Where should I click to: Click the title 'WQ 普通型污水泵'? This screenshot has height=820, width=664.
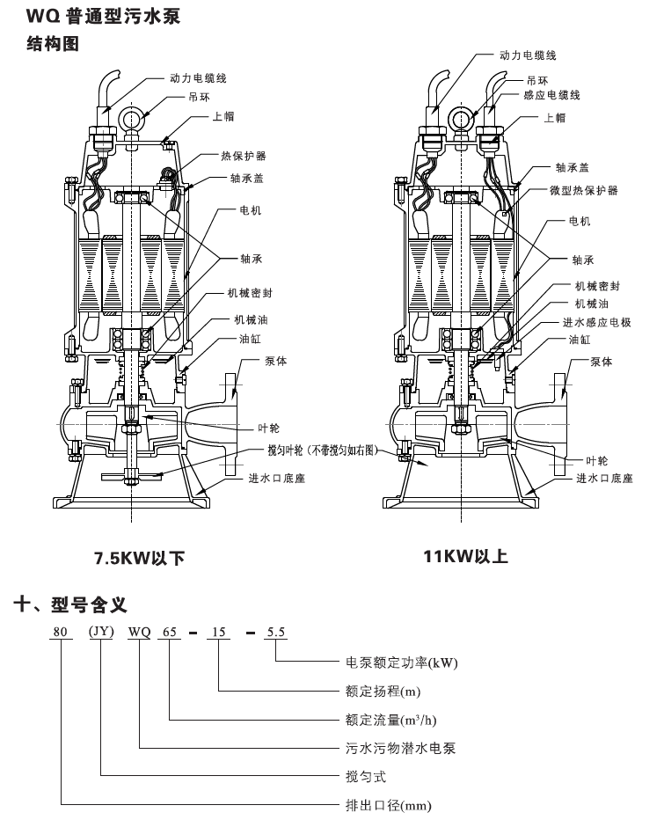[x=104, y=16]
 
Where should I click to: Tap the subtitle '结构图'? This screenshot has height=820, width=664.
[x=53, y=43]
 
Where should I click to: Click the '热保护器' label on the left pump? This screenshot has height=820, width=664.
[x=243, y=156]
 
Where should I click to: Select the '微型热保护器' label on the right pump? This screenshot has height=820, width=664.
[x=583, y=190]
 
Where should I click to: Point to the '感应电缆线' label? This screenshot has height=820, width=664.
[x=552, y=95]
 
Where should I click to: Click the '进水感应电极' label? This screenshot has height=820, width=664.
[x=596, y=322]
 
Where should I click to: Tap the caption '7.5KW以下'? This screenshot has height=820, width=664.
[x=140, y=558]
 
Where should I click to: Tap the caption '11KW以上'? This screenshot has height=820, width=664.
[x=465, y=556]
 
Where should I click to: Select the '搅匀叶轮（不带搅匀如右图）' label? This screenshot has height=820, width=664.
[x=323, y=450]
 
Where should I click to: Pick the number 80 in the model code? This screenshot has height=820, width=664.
[x=61, y=632]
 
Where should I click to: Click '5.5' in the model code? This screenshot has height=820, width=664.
[x=276, y=632]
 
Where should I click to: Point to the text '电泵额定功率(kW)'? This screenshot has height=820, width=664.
[x=402, y=663]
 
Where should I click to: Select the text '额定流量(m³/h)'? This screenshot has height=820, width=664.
[x=390, y=720]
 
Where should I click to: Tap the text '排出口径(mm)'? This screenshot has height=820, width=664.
[x=389, y=806]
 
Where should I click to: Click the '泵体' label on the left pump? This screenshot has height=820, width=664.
[x=275, y=362]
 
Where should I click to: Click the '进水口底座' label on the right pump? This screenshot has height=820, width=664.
[x=604, y=478]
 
